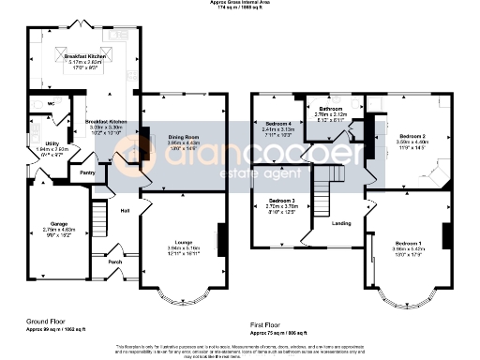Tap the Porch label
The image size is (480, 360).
tap(115, 262)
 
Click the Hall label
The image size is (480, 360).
tap(124, 210)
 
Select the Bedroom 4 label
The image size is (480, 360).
tap(278, 125)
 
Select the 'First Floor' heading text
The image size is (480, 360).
tap(267, 324)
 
